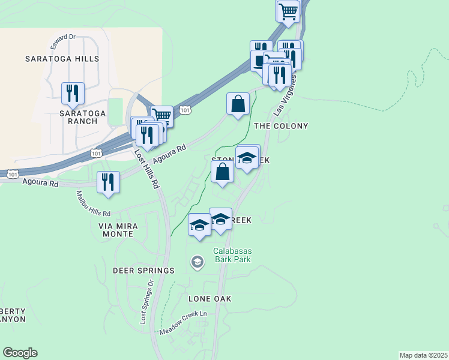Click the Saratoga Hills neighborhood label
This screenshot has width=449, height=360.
click(x=62, y=59)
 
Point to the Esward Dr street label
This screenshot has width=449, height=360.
click(x=63, y=37)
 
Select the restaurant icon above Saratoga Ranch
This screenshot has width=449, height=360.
click(x=73, y=93)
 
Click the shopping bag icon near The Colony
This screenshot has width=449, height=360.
click(x=238, y=103)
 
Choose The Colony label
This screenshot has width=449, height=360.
click(x=281, y=126)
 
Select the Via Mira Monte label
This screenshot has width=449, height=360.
click(x=118, y=230)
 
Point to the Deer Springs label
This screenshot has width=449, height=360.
click(x=143, y=271)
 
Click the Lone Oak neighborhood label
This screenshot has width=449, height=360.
click(x=209, y=299)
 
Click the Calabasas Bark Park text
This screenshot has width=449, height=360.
click(x=231, y=255)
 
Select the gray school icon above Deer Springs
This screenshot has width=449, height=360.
click(x=197, y=262)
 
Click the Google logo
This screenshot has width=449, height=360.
click(x=20, y=353)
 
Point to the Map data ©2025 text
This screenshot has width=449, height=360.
click(x=423, y=355)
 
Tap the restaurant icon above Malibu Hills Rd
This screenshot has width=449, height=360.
click(x=108, y=182)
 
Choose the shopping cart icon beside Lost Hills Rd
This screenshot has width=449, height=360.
click(x=161, y=115)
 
